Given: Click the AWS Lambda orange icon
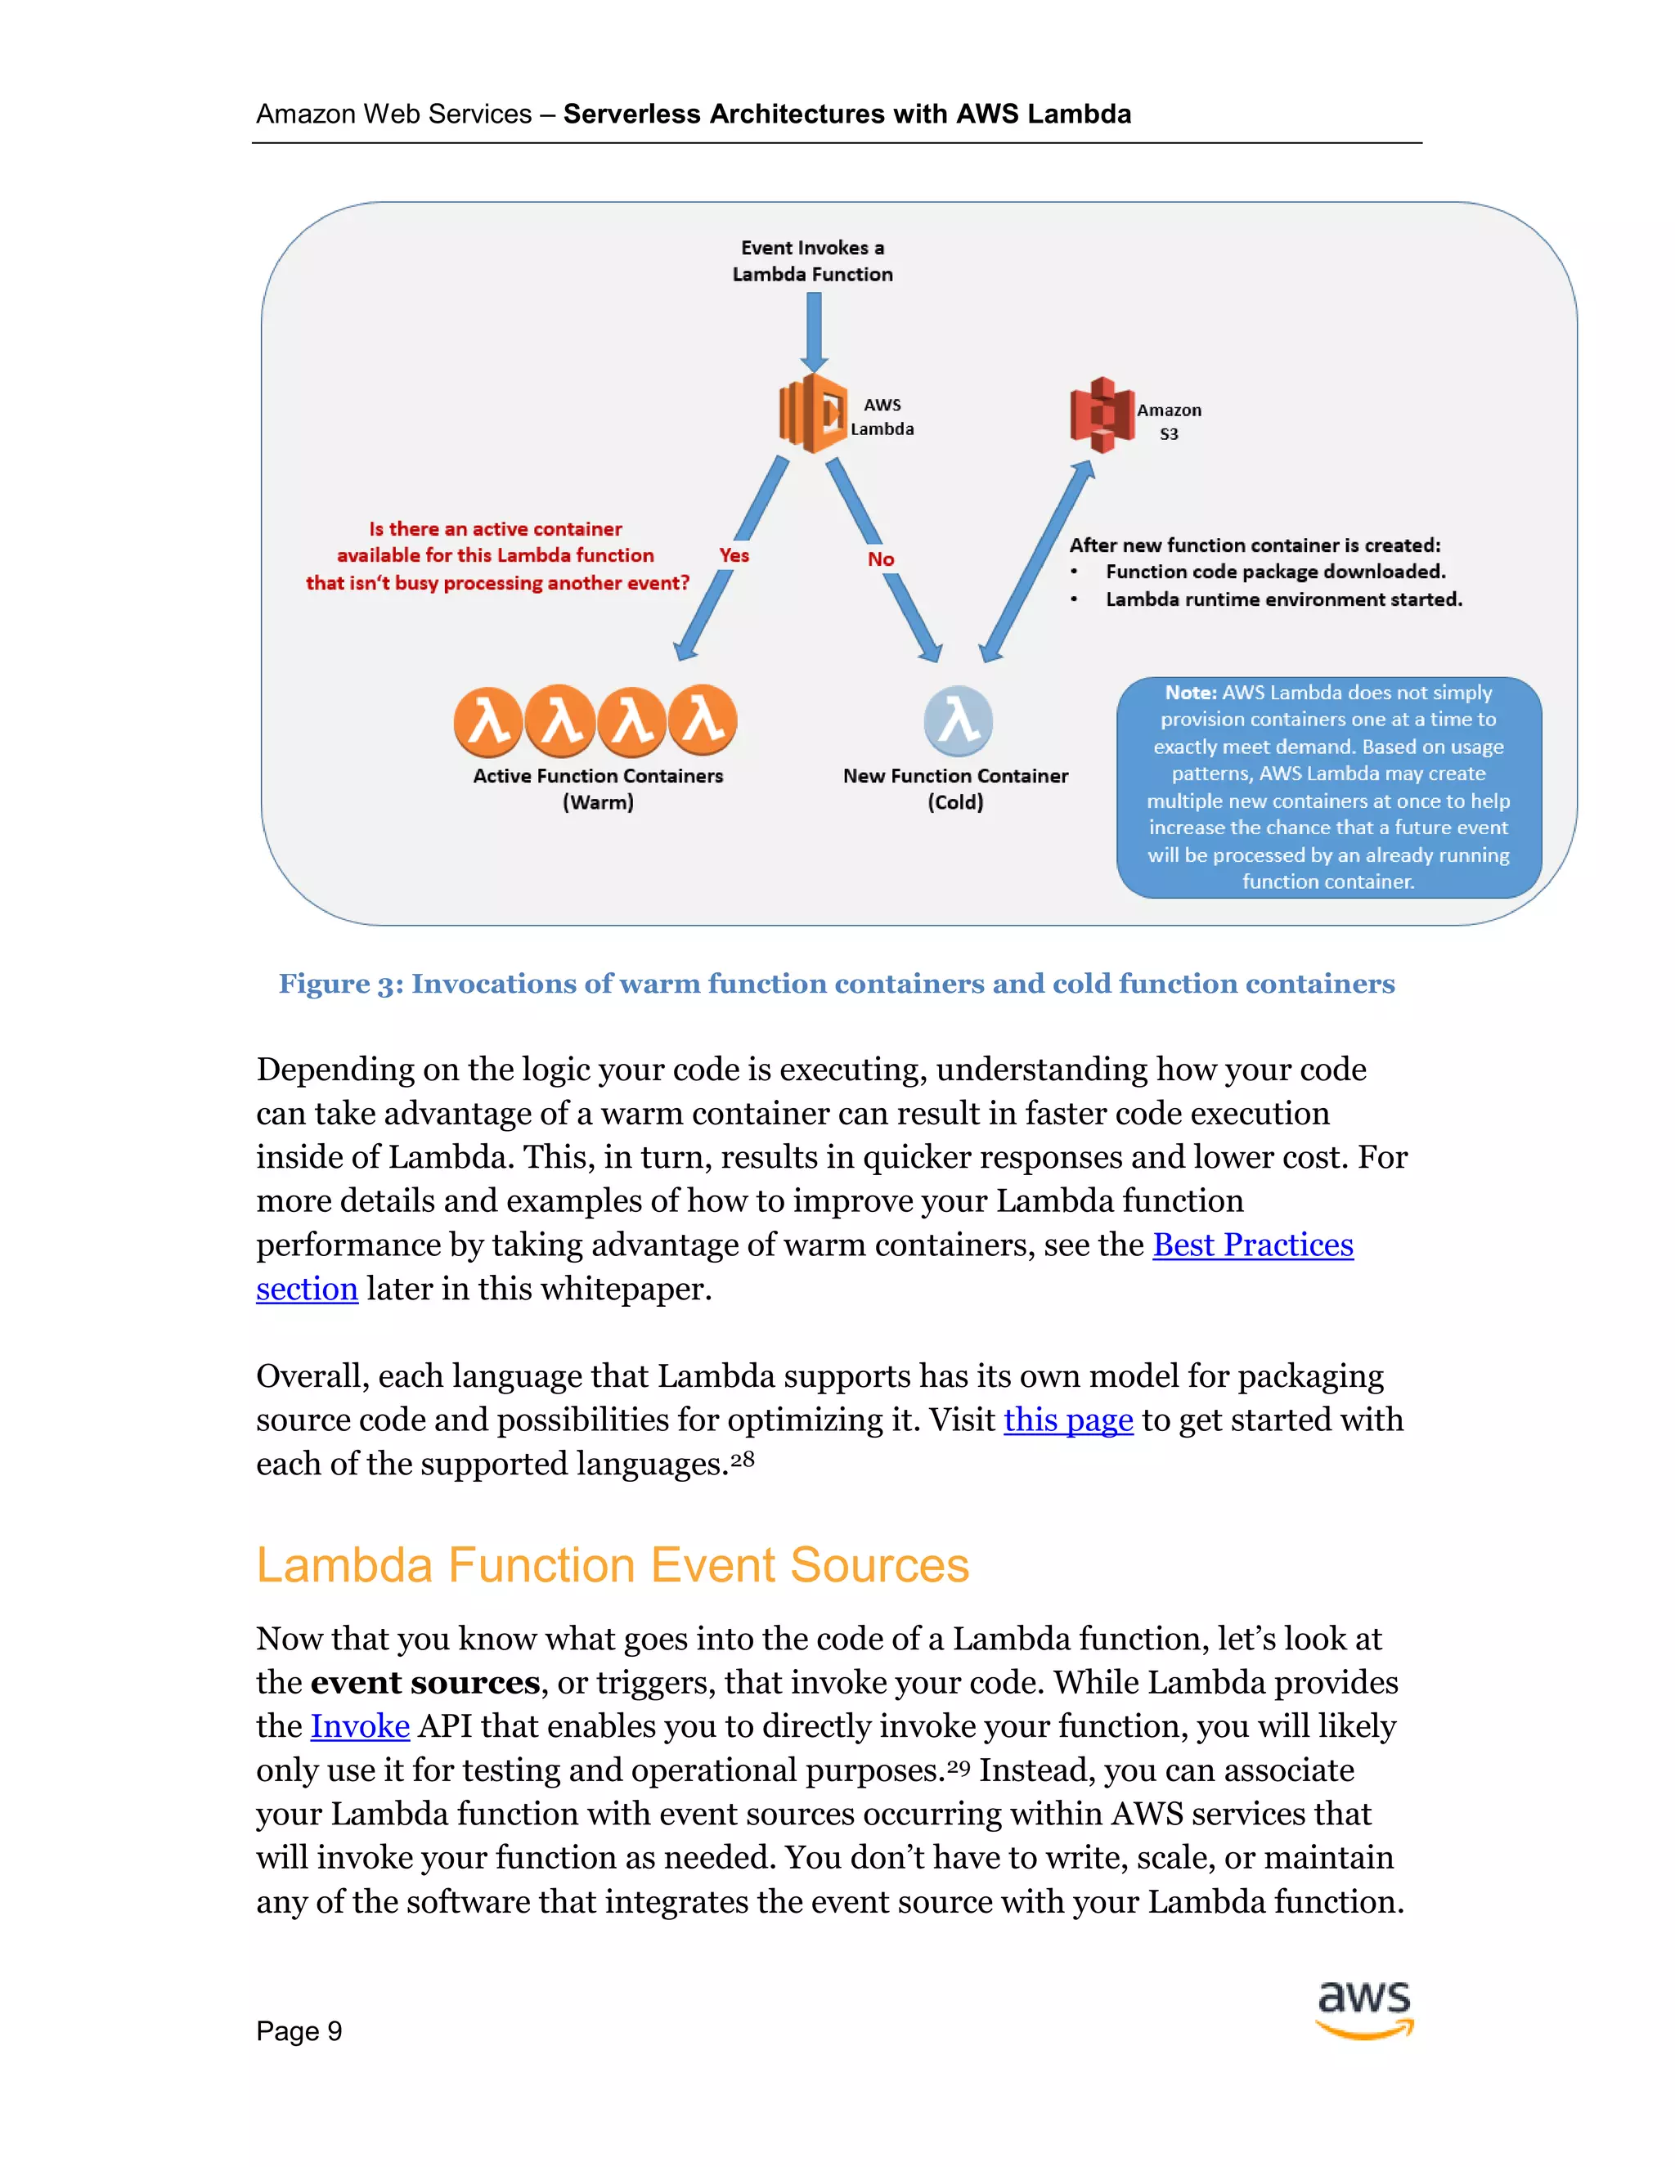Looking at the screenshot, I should [814, 413].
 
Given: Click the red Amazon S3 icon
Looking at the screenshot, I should [1102, 415].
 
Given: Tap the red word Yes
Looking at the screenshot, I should [734, 555].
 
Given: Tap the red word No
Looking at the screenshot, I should [880, 559].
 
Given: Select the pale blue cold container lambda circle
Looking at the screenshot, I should [958, 721].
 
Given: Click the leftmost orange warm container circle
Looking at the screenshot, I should [488, 721].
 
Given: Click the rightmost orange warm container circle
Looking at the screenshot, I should [703, 720].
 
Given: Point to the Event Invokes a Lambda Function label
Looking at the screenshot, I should [813, 261].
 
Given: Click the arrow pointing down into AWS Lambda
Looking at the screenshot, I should [814, 331].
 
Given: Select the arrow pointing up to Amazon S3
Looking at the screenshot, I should [1037, 561].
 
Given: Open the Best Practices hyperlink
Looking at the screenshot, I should [1252, 1245].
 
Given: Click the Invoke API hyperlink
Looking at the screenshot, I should [360, 1726].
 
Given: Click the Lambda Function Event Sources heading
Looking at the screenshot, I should [613, 1566].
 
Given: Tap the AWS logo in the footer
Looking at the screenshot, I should [1364, 2009].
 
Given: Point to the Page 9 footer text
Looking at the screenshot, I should [299, 2031].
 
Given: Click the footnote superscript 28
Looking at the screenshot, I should [743, 1460].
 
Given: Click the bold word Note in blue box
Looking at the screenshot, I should [1190, 693].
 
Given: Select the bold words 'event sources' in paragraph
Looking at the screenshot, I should [424, 1683].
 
